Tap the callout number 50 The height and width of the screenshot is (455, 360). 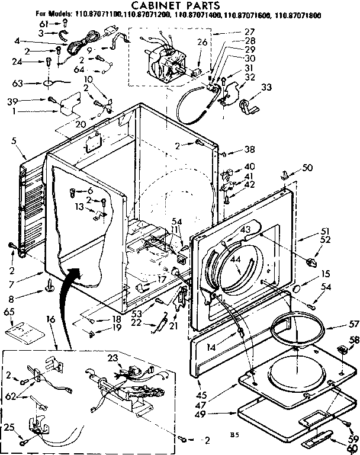tap(307, 168)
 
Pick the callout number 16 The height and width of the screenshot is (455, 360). tap(50, 319)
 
